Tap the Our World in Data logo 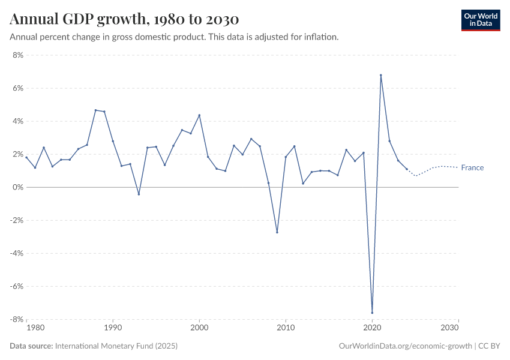pyautogui.click(x=480, y=20)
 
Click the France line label pyautogui.click(x=472, y=168)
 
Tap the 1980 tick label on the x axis pyautogui.click(x=35, y=328)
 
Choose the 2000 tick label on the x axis pyautogui.click(x=199, y=328)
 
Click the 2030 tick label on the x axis pyautogui.click(x=449, y=328)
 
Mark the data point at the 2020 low pyautogui.click(x=372, y=313)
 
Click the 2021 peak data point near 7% pyautogui.click(x=381, y=75)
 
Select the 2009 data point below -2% pyautogui.click(x=277, y=232)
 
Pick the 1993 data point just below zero pyautogui.click(x=139, y=194)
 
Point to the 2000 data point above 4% pyautogui.click(x=199, y=115)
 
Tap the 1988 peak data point pyautogui.click(x=95, y=110)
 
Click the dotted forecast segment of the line pyautogui.click(x=432, y=168)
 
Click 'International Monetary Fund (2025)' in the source pyautogui.click(x=116, y=346)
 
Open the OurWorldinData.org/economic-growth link pyautogui.click(x=406, y=346)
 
